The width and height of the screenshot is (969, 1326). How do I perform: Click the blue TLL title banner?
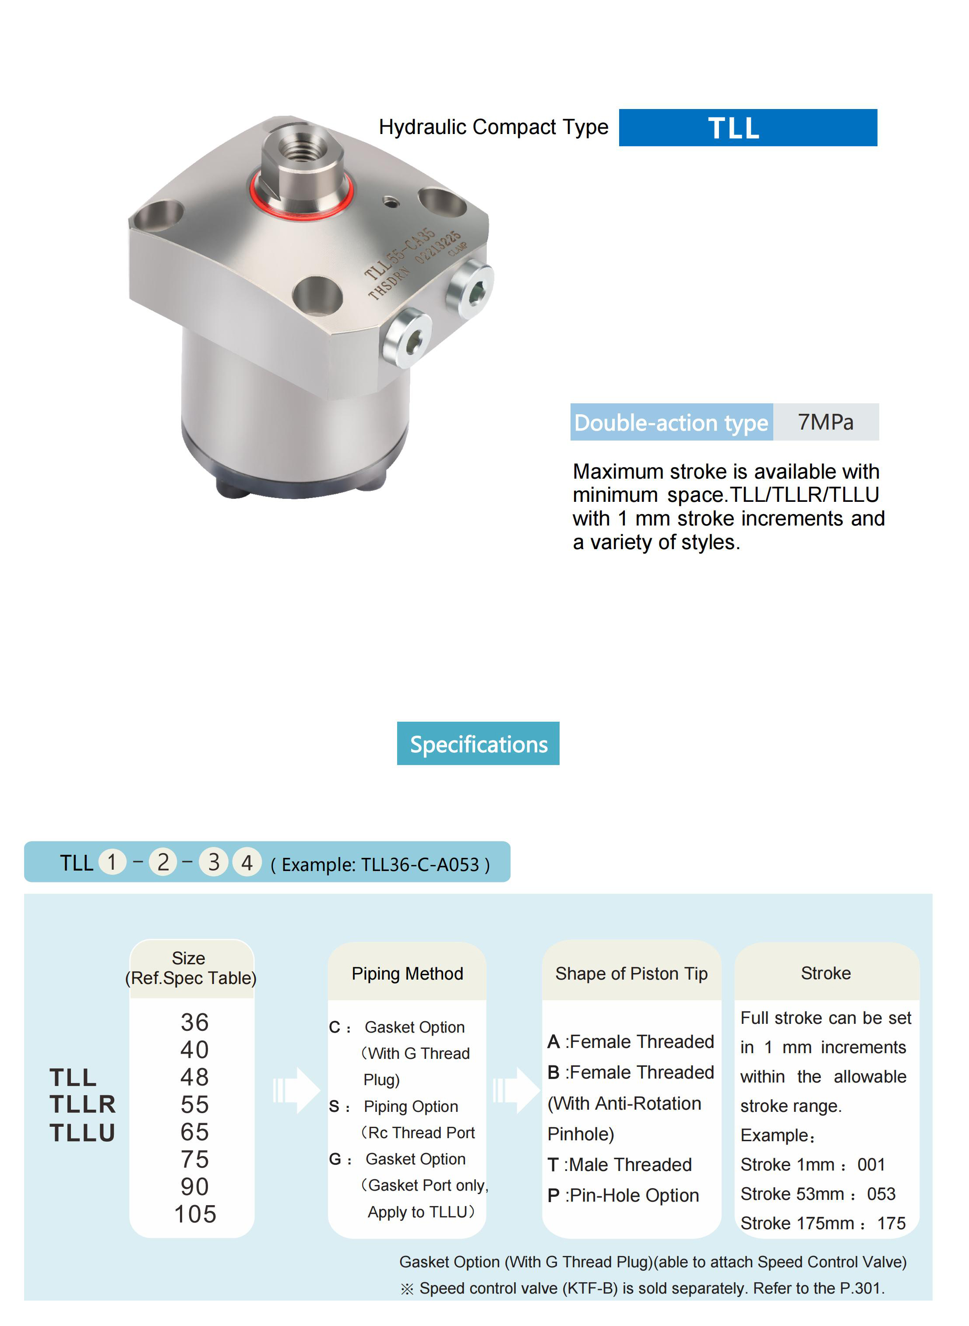(x=747, y=127)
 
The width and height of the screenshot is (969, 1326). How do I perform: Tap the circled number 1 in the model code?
(x=112, y=862)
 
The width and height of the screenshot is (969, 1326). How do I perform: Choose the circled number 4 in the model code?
(x=247, y=862)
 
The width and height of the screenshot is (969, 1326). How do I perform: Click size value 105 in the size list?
(x=195, y=1213)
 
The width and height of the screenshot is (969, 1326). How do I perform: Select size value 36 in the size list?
(x=195, y=1022)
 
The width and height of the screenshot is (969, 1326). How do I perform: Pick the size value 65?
(x=195, y=1131)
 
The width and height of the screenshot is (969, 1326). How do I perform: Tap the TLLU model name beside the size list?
(x=83, y=1132)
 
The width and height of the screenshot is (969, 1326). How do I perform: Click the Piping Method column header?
(x=407, y=973)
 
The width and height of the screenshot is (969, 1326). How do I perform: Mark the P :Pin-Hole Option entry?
(x=623, y=1195)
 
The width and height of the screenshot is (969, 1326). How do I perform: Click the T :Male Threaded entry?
(x=620, y=1164)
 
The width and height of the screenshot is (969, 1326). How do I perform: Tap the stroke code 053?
(x=881, y=1193)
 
